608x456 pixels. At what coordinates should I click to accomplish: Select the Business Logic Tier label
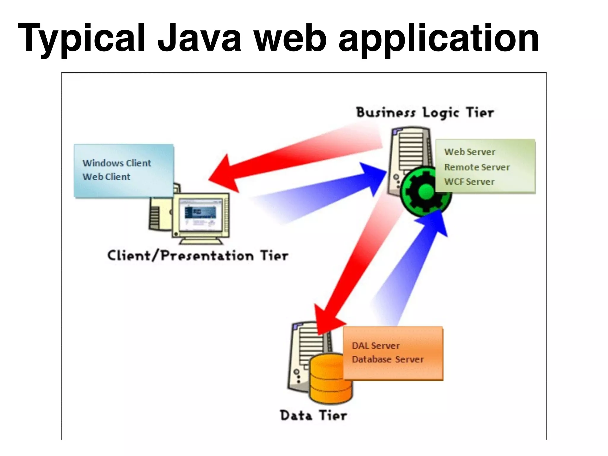pos(425,113)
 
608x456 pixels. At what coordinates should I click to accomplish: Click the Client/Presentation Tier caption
pos(198,256)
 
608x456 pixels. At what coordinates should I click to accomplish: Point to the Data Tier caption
pos(313,415)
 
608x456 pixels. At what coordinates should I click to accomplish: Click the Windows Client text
pos(117,163)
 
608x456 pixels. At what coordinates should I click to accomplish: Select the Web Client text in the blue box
pos(106,177)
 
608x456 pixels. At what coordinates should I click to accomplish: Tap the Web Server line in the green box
pos(470,152)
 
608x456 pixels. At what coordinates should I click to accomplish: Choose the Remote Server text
pos(477,167)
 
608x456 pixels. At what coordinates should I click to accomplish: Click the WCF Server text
pos(469,182)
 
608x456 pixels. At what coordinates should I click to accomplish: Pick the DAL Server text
pos(376,346)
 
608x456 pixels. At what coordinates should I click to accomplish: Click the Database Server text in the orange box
pos(388,360)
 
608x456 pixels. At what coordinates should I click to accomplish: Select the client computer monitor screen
pos(200,216)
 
